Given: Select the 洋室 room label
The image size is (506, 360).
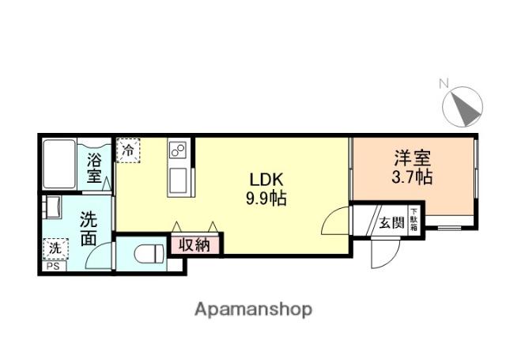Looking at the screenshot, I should click(412, 157).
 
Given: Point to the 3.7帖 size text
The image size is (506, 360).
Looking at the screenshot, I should click(412, 177).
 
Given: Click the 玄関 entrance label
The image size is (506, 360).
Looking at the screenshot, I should click(391, 222).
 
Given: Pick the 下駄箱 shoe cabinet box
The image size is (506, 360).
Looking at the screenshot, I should click(414, 218).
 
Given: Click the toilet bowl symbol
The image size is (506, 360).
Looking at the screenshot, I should click(145, 254).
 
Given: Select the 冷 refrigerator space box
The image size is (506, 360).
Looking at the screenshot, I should click(128, 149).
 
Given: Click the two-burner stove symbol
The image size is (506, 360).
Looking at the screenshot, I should click(177, 151).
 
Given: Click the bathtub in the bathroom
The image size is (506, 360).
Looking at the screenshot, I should click(59, 164).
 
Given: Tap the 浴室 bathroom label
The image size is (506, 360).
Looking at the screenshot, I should click(95, 167).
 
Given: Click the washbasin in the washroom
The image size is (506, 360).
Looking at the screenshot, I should click(52, 208).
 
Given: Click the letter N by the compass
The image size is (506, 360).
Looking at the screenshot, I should click(444, 82).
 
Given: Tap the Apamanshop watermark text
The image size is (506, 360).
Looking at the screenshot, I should click(253, 309).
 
